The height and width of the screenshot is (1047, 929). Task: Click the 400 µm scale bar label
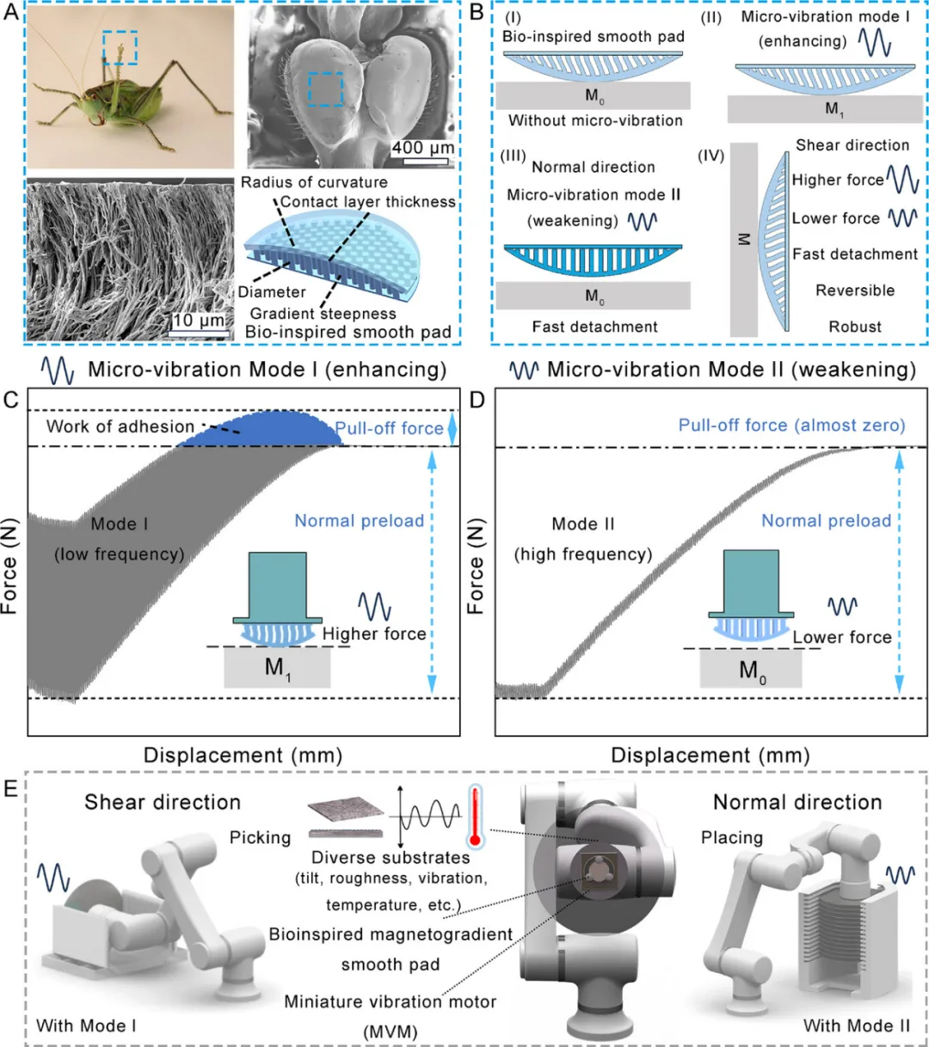coord(422,148)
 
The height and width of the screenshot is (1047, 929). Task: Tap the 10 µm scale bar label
coord(199,321)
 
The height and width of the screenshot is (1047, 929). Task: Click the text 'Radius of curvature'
coord(314,182)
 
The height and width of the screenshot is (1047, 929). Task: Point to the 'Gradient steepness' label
coord(323,314)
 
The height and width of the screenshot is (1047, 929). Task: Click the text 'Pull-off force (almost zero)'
coord(791,426)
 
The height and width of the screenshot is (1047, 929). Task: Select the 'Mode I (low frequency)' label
coord(120,539)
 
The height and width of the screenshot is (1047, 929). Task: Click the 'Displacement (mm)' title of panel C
coord(243,756)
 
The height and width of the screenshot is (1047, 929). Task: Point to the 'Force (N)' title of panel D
coord(477,566)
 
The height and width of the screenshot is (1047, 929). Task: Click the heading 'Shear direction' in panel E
coord(163,802)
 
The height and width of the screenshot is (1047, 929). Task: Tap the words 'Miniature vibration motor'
coord(391,1001)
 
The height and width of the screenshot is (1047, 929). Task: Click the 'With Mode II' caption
coord(856,1026)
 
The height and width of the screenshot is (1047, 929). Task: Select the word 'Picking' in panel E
coord(260,837)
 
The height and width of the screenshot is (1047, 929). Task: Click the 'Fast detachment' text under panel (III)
coord(594,327)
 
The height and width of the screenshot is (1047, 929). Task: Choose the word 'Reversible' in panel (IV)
coord(855,291)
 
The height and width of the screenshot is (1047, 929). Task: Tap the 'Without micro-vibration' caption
coord(595,121)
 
